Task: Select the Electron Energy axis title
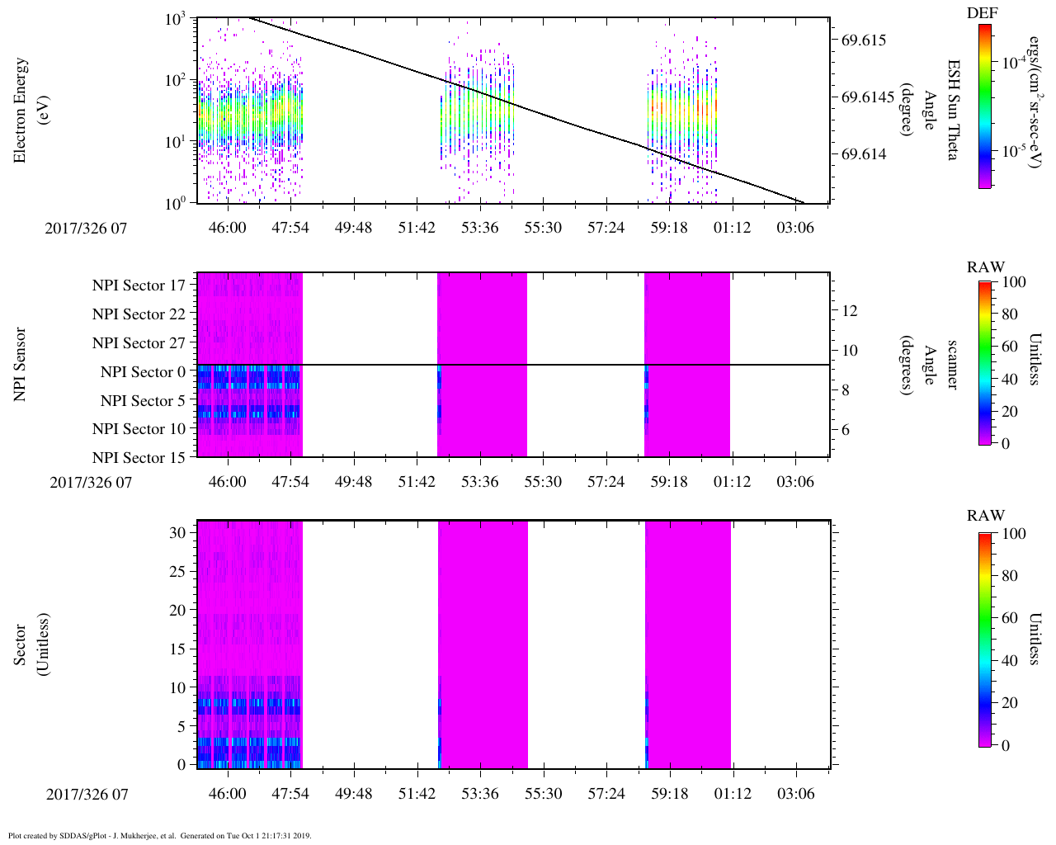click(29, 110)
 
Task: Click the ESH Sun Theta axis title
click(953, 110)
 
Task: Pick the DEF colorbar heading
click(983, 13)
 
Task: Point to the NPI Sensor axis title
click(20, 365)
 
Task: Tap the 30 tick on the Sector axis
click(178, 533)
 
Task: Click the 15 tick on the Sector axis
click(178, 649)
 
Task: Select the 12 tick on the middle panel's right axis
click(849, 311)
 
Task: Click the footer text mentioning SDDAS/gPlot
click(160, 835)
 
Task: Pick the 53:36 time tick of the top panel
click(479, 227)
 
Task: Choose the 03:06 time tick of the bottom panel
click(795, 794)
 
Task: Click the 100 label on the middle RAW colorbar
click(1012, 282)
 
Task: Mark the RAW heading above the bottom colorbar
click(986, 516)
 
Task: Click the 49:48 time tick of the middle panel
click(353, 481)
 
